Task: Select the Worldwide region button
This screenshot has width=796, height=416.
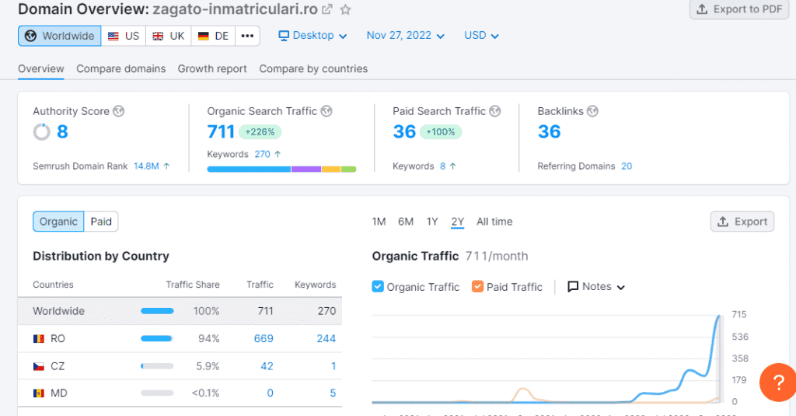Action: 60,36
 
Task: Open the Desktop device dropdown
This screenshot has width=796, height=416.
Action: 312,36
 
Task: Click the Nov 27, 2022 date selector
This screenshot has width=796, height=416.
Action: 405,36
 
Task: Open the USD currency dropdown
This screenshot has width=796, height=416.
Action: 481,36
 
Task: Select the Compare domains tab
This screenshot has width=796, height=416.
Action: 120,68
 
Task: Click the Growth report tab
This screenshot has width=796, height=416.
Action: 212,68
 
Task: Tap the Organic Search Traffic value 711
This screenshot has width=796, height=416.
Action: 221,132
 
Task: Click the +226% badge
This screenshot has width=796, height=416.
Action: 260,132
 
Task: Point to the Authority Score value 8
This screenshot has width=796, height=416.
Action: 62,132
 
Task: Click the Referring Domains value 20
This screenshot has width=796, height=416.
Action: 627,166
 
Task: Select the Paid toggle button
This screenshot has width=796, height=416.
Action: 101,222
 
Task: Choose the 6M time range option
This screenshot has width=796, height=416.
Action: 406,222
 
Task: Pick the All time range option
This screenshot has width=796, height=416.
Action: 494,222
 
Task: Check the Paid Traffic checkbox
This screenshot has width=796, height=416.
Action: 477,287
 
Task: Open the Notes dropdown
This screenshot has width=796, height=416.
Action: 596,287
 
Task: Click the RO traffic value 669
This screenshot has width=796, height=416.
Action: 264,338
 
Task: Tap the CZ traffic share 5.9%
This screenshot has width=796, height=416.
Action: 207,365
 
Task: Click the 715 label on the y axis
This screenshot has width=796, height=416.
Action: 739,314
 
